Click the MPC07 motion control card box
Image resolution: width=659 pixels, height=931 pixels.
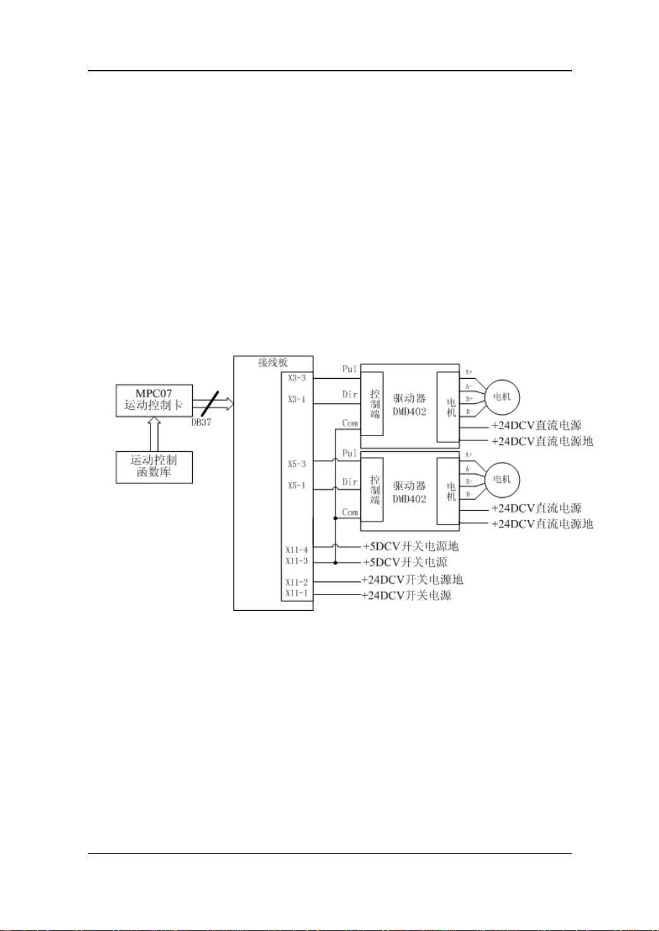click(154, 400)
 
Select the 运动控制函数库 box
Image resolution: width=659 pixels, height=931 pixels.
click(154, 467)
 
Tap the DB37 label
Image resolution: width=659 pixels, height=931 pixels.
click(201, 422)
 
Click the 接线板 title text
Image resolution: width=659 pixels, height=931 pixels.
click(273, 362)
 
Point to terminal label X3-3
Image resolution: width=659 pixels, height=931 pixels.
click(297, 378)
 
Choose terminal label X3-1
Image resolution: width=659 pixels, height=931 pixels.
click(297, 400)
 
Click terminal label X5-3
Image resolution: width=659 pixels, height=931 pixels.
click(297, 465)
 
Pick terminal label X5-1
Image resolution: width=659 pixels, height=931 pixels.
click(297, 486)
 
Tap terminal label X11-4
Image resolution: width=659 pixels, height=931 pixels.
click(296, 550)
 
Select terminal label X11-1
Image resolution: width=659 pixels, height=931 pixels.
click(296, 593)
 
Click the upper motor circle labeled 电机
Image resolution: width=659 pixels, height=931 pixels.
click(502, 397)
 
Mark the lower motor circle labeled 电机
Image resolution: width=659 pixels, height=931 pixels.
click(502, 480)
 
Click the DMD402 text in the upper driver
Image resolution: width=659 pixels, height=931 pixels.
click(409, 412)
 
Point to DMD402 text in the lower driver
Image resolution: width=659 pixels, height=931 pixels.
click(409, 499)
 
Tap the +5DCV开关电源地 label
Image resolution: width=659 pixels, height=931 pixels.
click(411, 547)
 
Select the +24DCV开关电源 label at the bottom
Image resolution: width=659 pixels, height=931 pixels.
click(406, 595)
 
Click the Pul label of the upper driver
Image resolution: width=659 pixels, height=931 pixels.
click(349, 369)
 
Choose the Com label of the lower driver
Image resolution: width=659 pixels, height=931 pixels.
click(350, 513)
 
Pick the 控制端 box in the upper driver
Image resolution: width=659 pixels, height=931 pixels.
click(375, 404)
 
